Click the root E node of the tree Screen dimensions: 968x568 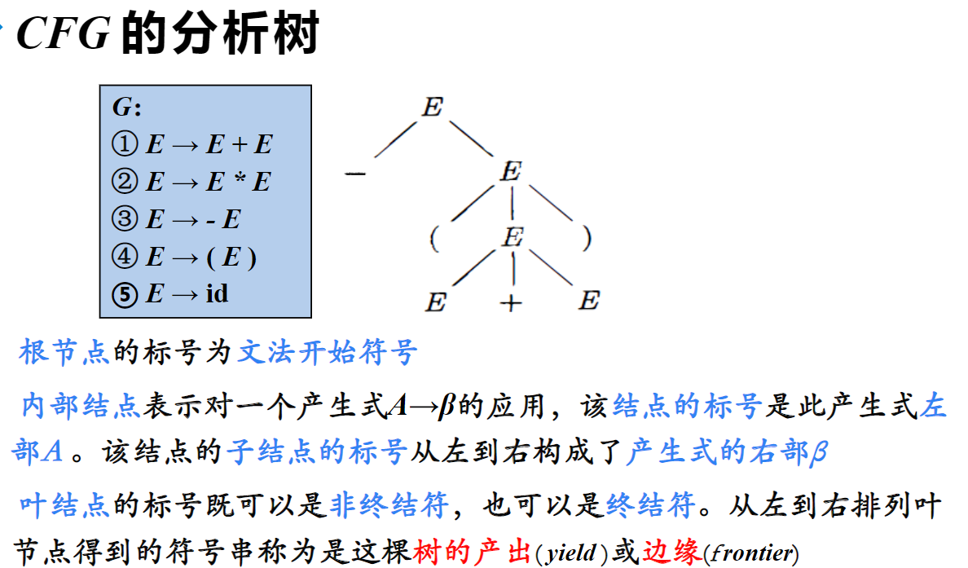tap(432, 107)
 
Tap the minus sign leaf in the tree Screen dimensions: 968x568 tap(355, 174)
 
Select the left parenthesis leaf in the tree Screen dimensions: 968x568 tap(435, 239)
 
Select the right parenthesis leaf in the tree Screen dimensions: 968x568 tap(587, 238)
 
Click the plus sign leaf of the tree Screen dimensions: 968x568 tap(511, 303)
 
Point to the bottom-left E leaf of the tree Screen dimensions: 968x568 tap(436, 302)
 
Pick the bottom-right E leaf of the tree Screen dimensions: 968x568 tap(588, 302)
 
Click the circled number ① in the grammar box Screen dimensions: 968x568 tap(124, 145)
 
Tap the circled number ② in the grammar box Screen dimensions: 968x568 tap(124, 182)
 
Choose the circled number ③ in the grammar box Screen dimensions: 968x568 tap(124, 219)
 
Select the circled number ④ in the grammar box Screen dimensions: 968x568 tap(124, 257)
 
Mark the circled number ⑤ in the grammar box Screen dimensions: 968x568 tap(124, 293)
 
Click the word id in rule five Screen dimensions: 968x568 tap(217, 293)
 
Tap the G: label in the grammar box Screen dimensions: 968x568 tap(126, 108)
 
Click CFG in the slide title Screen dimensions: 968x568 tap(63, 34)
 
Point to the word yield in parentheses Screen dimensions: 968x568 tap(570, 553)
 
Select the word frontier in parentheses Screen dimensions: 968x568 tap(750, 553)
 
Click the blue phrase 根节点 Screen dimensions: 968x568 tap(64, 353)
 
